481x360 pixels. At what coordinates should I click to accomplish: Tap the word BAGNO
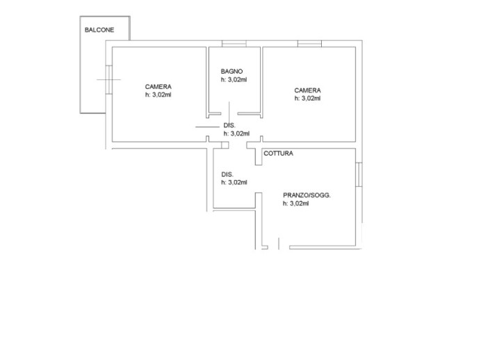pos(231,72)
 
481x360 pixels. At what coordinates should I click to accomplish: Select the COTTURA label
pos(278,154)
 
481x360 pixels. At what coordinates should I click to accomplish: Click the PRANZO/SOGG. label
pos(307,196)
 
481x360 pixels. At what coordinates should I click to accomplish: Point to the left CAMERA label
pos(158,87)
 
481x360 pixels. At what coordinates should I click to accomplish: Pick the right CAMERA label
pos(307,90)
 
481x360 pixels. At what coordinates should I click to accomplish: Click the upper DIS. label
pos(229,126)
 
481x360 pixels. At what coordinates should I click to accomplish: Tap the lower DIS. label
pos(227,174)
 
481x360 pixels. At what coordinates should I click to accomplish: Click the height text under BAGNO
pos(234,81)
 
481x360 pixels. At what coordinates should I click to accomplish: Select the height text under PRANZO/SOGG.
pos(295,204)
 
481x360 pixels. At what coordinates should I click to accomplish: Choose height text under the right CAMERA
pos(307,99)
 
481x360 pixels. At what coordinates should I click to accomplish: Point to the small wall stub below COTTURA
pos(258,158)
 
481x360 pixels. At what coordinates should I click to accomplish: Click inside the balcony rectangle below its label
pos(92,76)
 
